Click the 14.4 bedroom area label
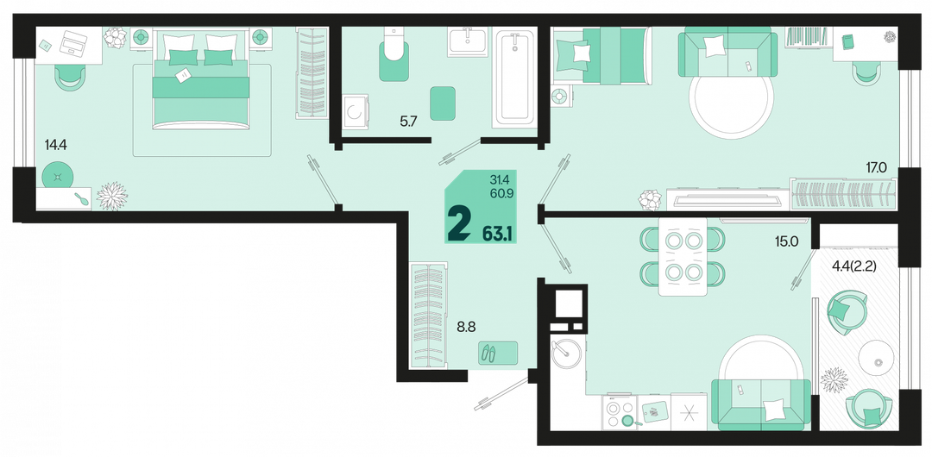coord(55,143)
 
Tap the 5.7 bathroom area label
coord(409,122)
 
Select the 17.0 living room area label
coord(876,168)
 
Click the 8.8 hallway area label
coord(465,326)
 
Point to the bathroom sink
coord(467,41)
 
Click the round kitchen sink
coord(564,352)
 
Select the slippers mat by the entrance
coord(498,353)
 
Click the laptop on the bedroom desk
coord(72,43)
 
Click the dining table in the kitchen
coord(683,256)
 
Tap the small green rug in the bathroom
coord(442,103)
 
